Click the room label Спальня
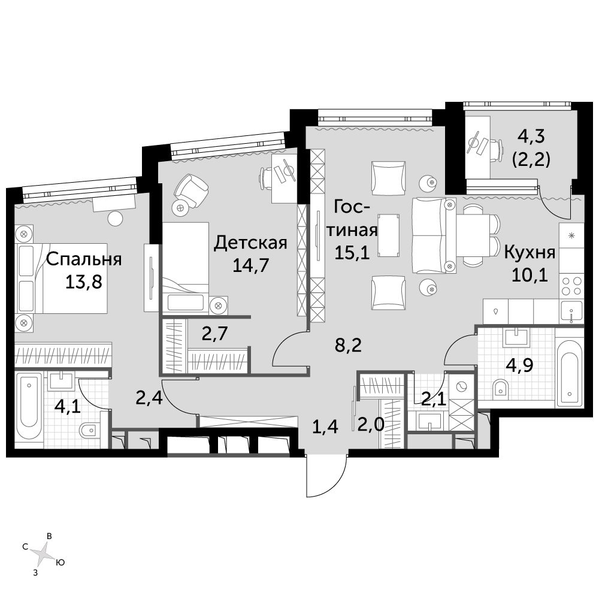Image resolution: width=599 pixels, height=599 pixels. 84,260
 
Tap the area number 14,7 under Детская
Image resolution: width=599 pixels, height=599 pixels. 251,265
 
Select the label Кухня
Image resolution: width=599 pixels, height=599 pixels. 530,253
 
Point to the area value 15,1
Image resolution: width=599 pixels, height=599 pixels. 352,253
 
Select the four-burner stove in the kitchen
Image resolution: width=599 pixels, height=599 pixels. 571,286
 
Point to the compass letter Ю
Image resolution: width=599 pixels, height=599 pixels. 60,562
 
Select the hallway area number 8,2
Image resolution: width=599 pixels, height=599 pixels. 348,346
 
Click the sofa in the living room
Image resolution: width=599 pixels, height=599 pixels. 434,235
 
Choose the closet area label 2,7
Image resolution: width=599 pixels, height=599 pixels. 214,334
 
